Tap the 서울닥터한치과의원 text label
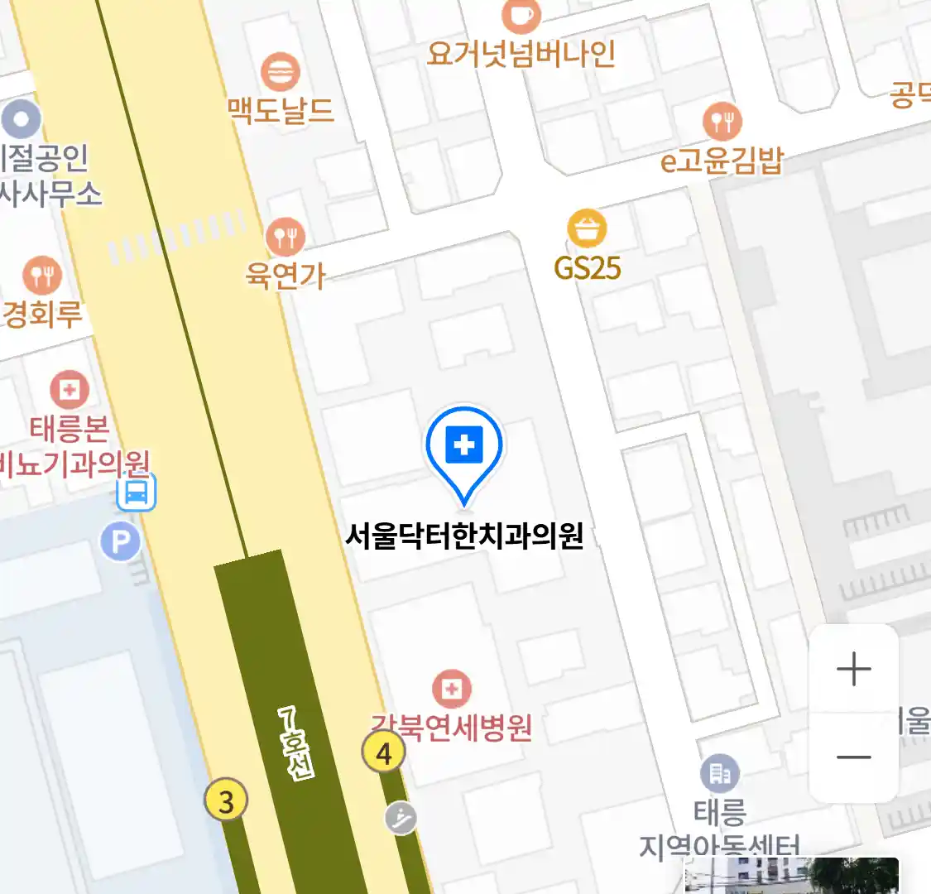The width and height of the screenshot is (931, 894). tap(464, 536)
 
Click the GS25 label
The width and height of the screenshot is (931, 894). tap(588, 268)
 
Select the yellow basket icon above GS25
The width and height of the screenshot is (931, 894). tap(587, 228)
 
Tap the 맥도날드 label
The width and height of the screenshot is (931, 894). tap(281, 110)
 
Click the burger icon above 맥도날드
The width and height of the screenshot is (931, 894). tap(281, 72)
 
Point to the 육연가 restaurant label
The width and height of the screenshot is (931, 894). tap(286, 275)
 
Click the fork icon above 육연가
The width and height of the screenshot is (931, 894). tap(286, 238)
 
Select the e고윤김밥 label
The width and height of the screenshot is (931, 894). tap(722, 160)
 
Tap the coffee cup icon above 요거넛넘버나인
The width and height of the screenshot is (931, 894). tap(521, 15)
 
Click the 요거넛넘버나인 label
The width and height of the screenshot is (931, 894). tap(521, 54)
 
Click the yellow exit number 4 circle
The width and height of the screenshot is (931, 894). tap(384, 753)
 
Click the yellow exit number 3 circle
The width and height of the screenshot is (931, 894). tap(226, 800)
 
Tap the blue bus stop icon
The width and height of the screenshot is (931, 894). tap(137, 493)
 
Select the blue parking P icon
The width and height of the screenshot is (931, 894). tap(121, 542)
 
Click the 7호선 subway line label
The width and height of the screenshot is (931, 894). tap(296, 743)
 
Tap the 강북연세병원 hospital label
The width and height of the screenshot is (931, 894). tap(452, 728)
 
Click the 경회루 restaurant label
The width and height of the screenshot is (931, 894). tap(43, 314)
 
